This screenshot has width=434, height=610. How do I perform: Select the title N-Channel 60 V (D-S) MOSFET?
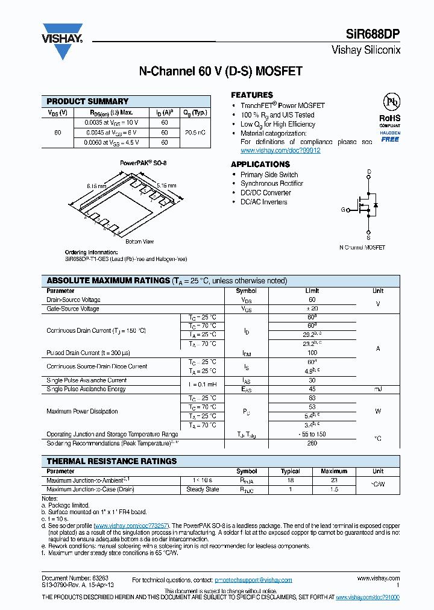pos(221,71)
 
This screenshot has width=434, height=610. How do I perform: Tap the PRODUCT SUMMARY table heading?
pos(87,101)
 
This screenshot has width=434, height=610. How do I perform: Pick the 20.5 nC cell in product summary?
pos(195,132)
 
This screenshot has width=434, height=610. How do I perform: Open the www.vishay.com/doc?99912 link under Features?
pos(280,151)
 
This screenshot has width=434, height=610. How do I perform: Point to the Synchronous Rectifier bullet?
pos(272,183)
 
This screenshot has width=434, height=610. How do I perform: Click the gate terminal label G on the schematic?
pos(343,210)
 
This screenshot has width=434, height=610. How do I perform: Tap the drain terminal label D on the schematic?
pos(369,172)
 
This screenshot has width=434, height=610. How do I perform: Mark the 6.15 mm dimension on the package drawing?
pos(96,187)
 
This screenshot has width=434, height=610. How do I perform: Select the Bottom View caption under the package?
pos(139,242)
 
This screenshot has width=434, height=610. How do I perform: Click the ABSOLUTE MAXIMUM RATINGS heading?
pos(108,280)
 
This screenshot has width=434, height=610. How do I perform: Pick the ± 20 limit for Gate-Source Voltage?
pos(312,309)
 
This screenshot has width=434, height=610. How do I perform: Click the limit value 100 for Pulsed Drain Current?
pos(312,353)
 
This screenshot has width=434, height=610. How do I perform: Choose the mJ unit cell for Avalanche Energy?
pos(377,389)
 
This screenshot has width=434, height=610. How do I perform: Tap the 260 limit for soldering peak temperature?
pos(312,443)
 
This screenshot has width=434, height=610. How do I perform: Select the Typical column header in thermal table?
pos(290,471)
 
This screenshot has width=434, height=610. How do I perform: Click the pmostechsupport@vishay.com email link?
pos(253,579)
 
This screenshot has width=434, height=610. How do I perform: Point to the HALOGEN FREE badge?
pos(389,136)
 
